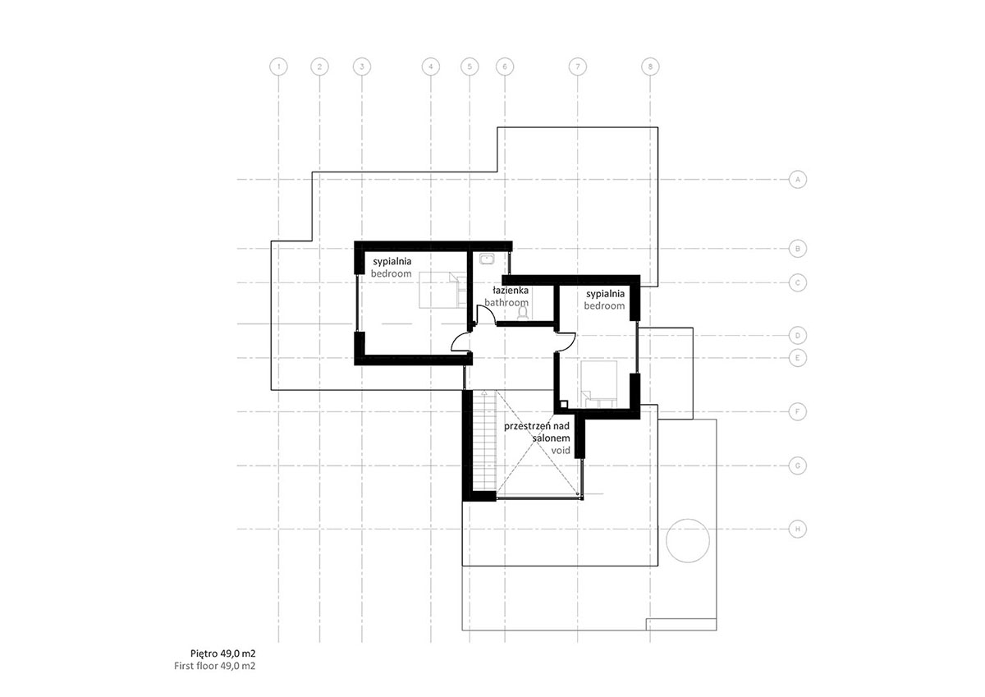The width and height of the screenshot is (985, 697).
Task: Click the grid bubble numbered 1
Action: pos(278,66)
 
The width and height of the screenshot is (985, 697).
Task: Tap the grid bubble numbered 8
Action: pos(650,66)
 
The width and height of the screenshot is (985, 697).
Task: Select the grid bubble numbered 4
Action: pos(430,66)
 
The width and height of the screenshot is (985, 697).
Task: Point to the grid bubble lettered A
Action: pos(798,180)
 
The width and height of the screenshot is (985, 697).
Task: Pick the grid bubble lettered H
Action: pos(798,529)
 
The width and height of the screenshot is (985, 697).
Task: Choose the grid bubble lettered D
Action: pos(798,336)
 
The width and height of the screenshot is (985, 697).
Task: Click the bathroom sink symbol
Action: pos(488,259)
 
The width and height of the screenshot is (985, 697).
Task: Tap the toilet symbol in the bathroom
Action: pos(523,312)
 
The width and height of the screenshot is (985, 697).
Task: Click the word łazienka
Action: pos(511,291)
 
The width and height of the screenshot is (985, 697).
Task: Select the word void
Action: pos(561,451)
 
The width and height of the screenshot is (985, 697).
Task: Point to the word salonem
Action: pos(551,438)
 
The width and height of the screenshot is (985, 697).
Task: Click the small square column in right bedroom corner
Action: pos(563,404)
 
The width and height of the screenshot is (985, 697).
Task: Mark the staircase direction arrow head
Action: pos(484,392)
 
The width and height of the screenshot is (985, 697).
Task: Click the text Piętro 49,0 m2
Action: pos(222,653)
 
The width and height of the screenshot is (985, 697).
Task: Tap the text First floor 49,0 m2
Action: pos(214,666)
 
